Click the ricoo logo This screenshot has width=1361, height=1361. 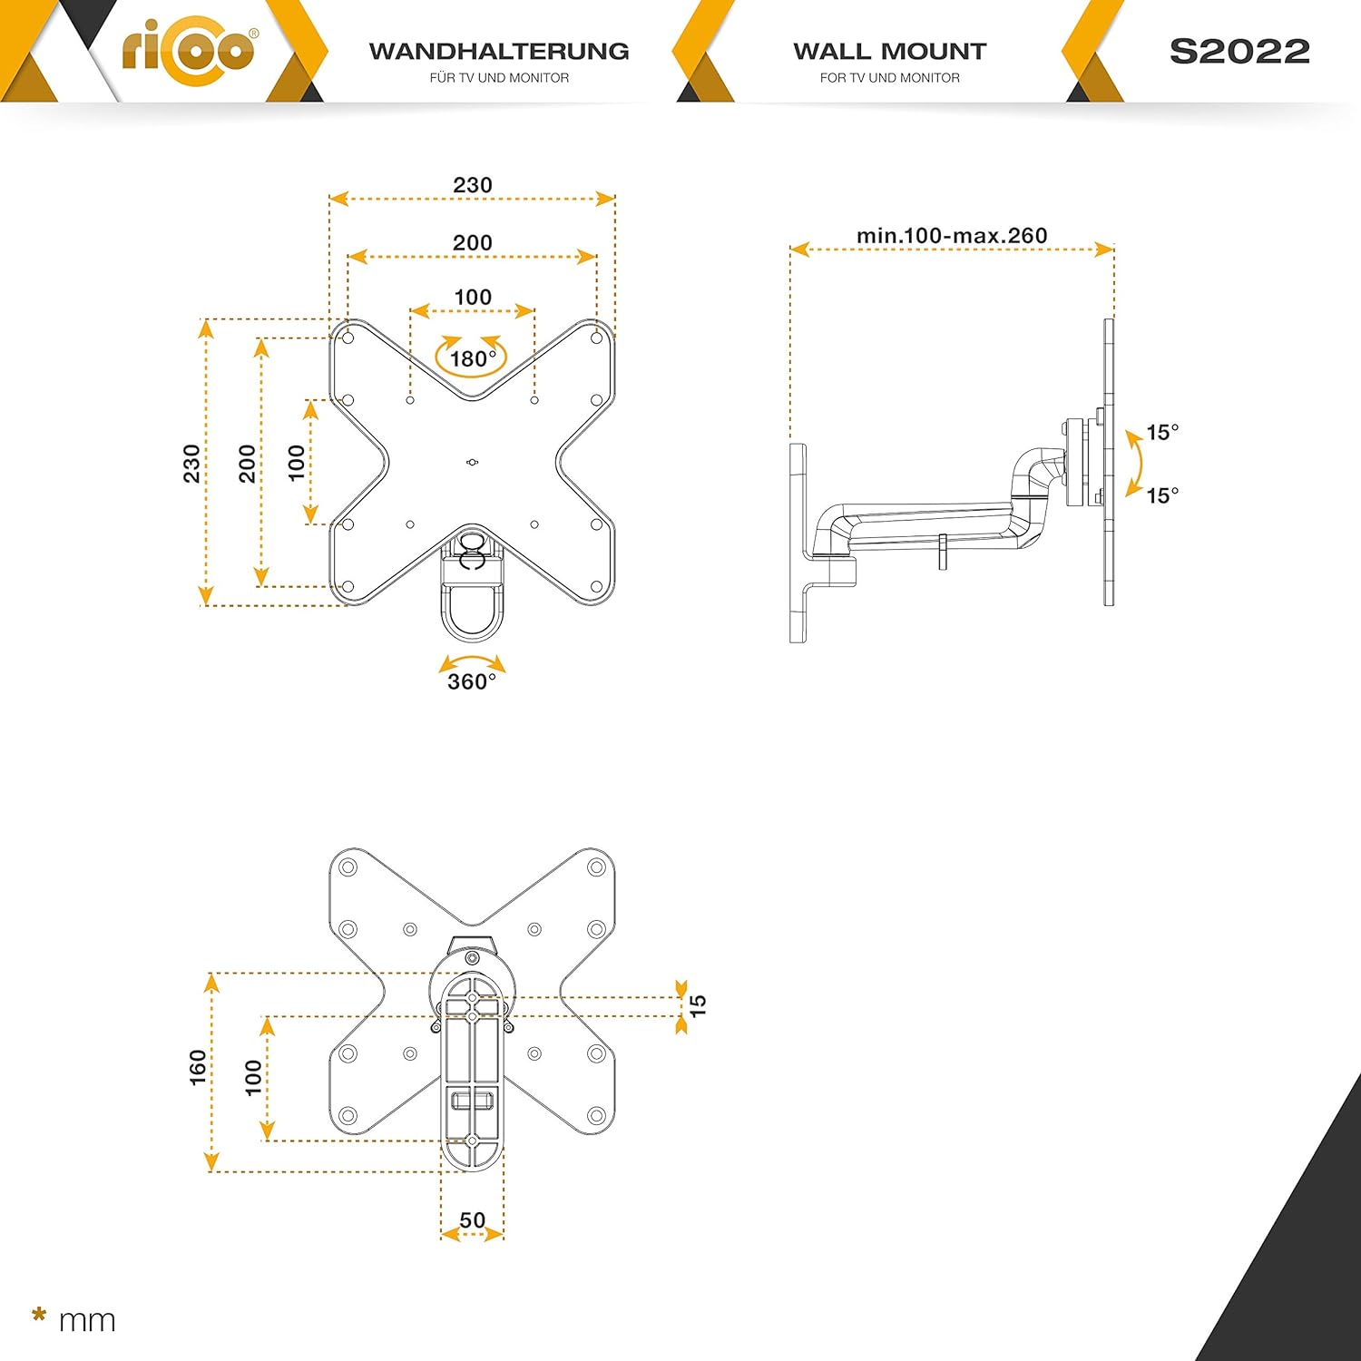coord(189,49)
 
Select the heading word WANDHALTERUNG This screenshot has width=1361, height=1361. coord(499,51)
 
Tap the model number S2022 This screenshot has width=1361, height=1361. coord(1239,52)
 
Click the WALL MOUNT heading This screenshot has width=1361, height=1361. coord(890,51)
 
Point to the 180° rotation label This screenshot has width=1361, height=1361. coord(473,359)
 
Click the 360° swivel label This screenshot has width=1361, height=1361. coord(472,681)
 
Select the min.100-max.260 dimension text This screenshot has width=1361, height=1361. coord(952,236)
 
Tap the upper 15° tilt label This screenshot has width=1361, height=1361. coord(1162,432)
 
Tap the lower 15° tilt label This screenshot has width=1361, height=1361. coord(1162,495)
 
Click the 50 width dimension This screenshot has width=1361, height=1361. coord(472,1220)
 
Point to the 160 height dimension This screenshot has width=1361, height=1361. coord(198,1068)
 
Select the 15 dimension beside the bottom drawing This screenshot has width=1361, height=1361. coord(698,1005)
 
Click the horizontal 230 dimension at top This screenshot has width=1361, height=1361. coord(473,185)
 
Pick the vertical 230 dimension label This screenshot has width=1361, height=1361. coord(191,464)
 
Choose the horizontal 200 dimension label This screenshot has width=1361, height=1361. coord(473,243)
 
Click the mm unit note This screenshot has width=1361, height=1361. coord(87,1321)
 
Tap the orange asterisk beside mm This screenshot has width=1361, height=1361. coord(39,1315)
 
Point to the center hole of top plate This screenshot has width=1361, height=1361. coord(472,463)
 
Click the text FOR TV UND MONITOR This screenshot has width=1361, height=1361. coord(890,78)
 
